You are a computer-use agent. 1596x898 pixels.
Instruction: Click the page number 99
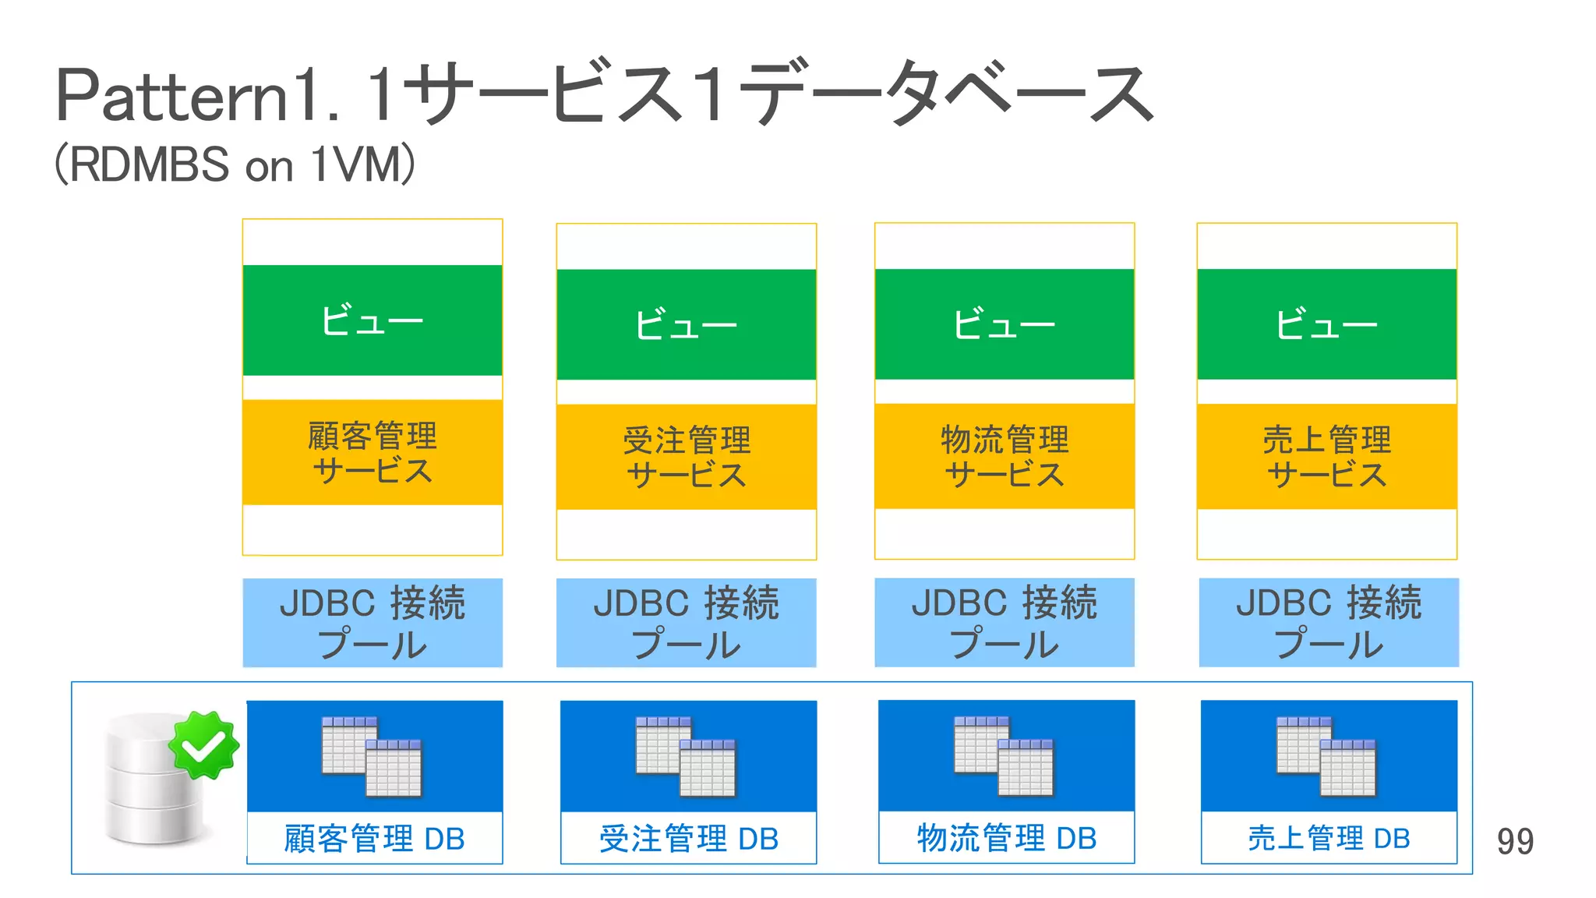coord(1514,841)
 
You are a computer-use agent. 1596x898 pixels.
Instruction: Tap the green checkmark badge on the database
coord(204,745)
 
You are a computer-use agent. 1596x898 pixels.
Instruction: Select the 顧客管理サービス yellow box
coord(373,452)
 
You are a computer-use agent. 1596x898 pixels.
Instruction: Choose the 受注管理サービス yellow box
coord(687,457)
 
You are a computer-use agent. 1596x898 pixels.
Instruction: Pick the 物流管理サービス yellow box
coord(1005,456)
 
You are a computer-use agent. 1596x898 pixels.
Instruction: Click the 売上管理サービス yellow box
coord(1326,456)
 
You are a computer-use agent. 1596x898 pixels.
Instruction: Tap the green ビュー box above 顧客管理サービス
coord(373,320)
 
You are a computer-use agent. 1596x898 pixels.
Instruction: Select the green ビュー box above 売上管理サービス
coord(1326,324)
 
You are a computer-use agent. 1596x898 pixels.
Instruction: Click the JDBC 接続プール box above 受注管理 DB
coord(687,622)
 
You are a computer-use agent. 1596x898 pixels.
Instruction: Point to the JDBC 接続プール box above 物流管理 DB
coord(1005,622)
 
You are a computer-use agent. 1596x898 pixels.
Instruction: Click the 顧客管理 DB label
coord(374,839)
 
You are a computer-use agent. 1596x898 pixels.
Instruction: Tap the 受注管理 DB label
coord(689,839)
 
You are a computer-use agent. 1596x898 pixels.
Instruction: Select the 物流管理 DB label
coord(1006,838)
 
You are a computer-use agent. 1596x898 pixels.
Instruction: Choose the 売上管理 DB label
coord(1329,838)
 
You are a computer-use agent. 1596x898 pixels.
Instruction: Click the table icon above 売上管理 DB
coord(1326,756)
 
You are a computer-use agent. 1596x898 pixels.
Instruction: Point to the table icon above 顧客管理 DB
coord(372,756)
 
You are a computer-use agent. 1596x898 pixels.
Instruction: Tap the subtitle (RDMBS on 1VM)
coord(234,164)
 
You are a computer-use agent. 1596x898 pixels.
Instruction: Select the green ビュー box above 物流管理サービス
coord(1005,324)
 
